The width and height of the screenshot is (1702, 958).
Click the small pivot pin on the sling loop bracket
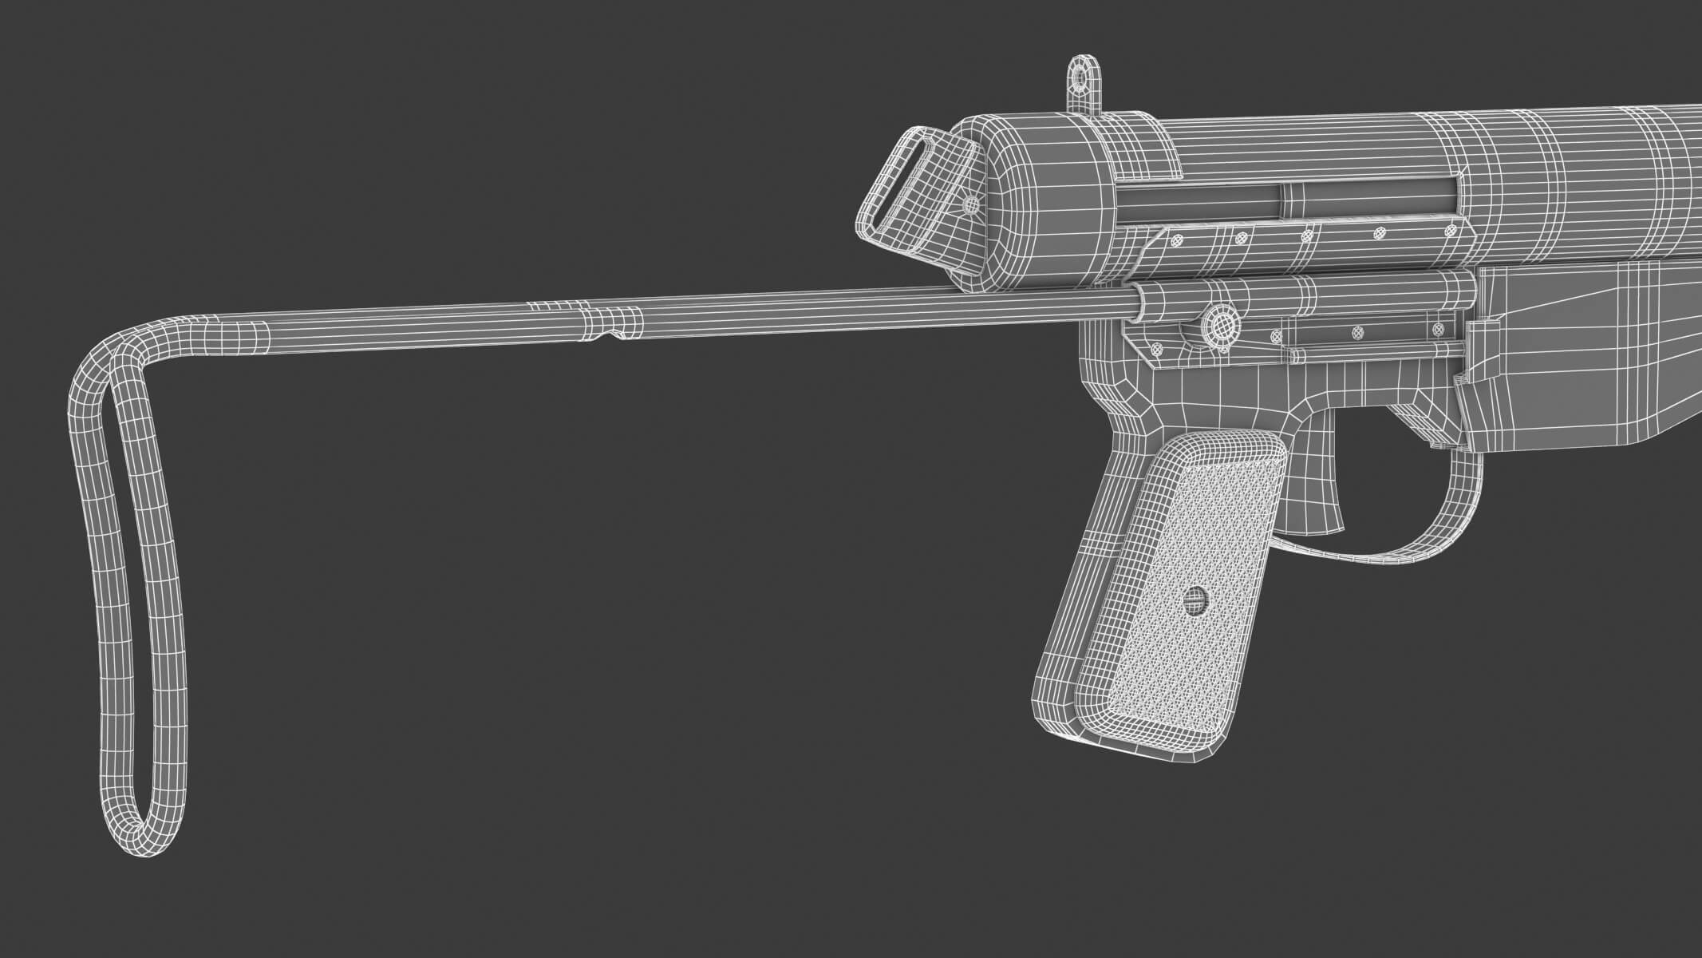pyautogui.click(x=971, y=205)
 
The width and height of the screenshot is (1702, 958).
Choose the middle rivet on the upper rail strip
pyautogui.click(x=1307, y=235)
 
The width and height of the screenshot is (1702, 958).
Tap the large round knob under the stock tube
pyautogui.click(x=1221, y=323)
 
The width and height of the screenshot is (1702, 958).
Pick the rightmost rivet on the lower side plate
pyautogui.click(x=1439, y=328)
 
